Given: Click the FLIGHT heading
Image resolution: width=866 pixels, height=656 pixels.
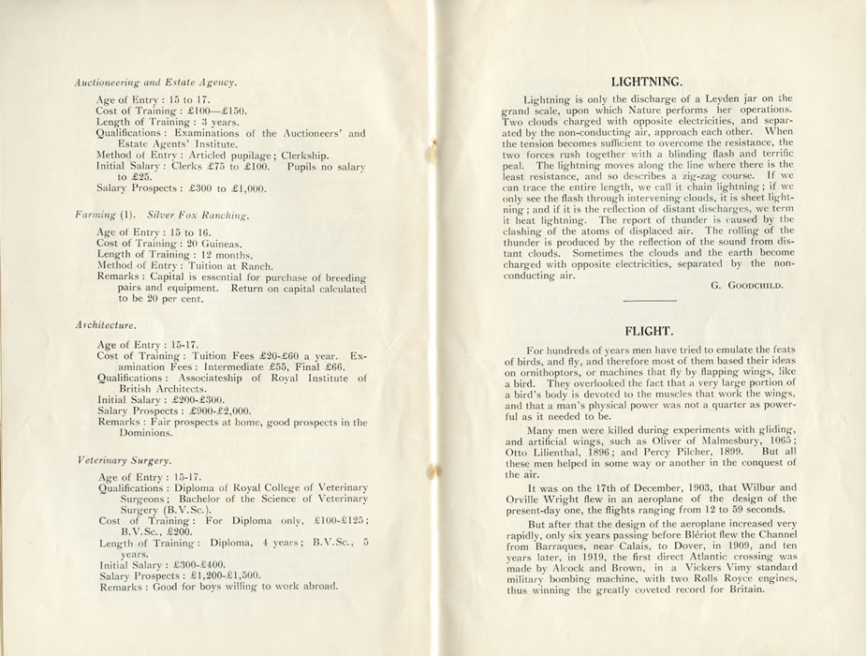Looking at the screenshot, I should click(x=647, y=331).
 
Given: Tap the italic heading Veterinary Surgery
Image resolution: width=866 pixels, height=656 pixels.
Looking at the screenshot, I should click(x=125, y=461).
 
